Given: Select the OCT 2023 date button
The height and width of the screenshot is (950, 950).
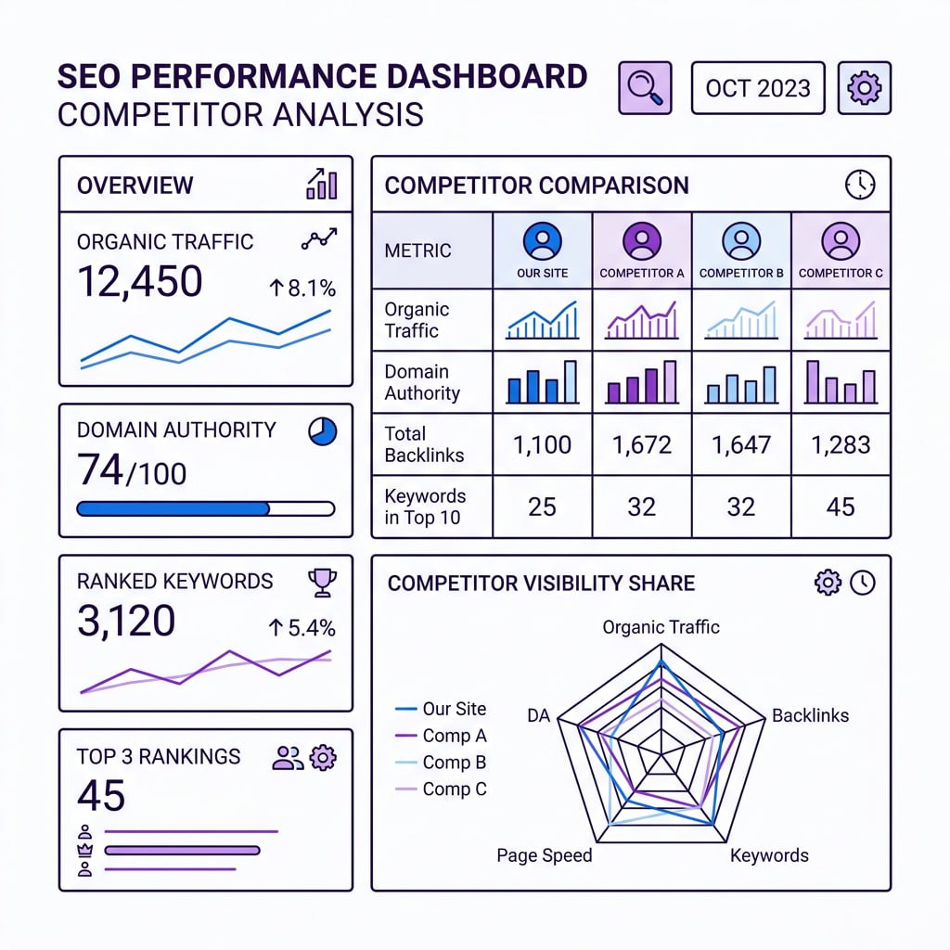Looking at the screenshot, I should [x=758, y=88].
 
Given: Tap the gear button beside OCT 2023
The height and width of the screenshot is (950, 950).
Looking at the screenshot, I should [x=864, y=88].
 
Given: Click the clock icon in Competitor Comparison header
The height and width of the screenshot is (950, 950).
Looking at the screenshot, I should [x=860, y=185].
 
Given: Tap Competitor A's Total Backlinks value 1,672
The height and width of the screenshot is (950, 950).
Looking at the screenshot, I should [x=641, y=445].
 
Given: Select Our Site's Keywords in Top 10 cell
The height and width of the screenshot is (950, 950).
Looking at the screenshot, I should [x=542, y=507].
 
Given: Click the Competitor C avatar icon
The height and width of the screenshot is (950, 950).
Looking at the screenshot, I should [x=841, y=241].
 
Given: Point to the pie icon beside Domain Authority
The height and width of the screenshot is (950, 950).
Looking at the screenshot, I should [x=322, y=430].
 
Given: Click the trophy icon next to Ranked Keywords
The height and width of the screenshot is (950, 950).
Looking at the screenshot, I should [x=322, y=582].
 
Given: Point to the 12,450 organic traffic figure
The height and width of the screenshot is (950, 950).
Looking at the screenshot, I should [x=140, y=281].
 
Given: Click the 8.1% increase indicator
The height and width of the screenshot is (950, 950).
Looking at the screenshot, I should [x=302, y=289].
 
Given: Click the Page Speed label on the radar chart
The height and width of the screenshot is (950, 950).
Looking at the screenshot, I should [x=544, y=855].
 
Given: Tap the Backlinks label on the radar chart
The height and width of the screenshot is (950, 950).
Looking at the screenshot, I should [x=810, y=715].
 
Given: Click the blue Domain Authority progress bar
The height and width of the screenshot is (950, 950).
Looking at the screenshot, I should [x=173, y=508].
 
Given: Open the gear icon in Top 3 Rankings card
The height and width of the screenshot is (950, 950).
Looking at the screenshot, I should [x=322, y=757].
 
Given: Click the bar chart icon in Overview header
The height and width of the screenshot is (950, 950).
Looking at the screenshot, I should [x=321, y=184].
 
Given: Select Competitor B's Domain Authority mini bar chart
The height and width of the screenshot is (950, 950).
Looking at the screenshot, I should [x=740, y=382].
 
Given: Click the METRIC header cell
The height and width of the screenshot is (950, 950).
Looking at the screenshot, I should [x=418, y=250].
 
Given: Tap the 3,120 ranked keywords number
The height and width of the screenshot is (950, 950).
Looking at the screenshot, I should [x=126, y=621].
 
